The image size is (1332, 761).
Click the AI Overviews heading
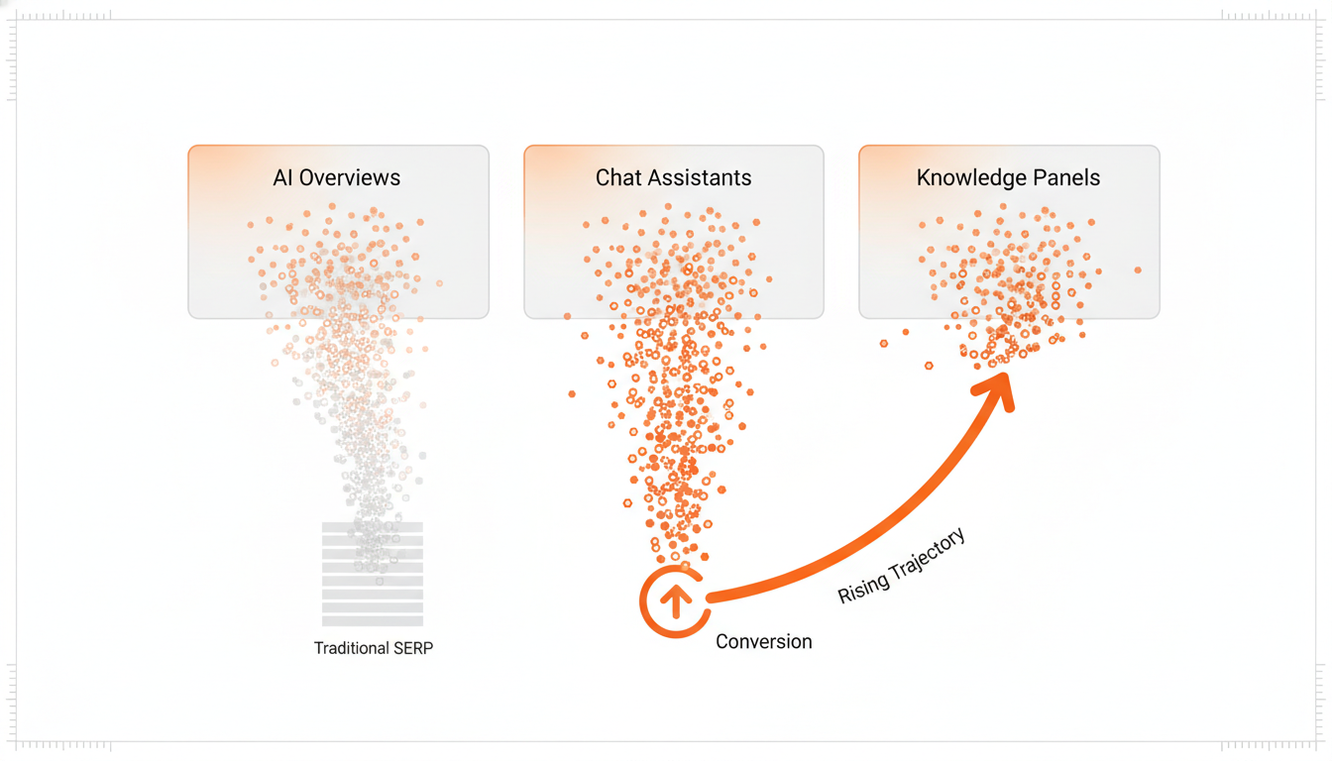click(337, 178)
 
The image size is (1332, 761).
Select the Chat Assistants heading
click(673, 178)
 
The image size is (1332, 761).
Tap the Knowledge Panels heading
click(1008, 178)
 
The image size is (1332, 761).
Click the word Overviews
click(350, 178)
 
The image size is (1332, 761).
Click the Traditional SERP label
click(374, 648)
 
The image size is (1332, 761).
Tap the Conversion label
click(763, 642)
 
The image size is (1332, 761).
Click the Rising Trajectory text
click(901, 567)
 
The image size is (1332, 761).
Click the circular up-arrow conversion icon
click(675, 600)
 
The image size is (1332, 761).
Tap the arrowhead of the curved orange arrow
click(997, 388)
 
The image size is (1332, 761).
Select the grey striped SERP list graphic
click(373, 574)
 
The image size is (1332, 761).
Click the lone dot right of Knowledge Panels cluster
click(1138, 270)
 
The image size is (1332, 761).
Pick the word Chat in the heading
click(614, 178)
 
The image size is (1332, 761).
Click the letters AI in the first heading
click(283, 178)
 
